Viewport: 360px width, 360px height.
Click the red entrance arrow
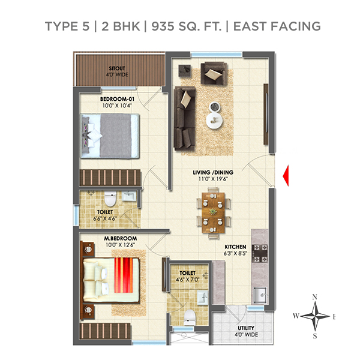[x=286, y=175]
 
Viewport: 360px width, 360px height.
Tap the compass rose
[x=316, y=316]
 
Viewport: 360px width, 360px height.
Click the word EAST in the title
[x=257, y=26]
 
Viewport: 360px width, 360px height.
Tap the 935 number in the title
[x=160, y=26]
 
